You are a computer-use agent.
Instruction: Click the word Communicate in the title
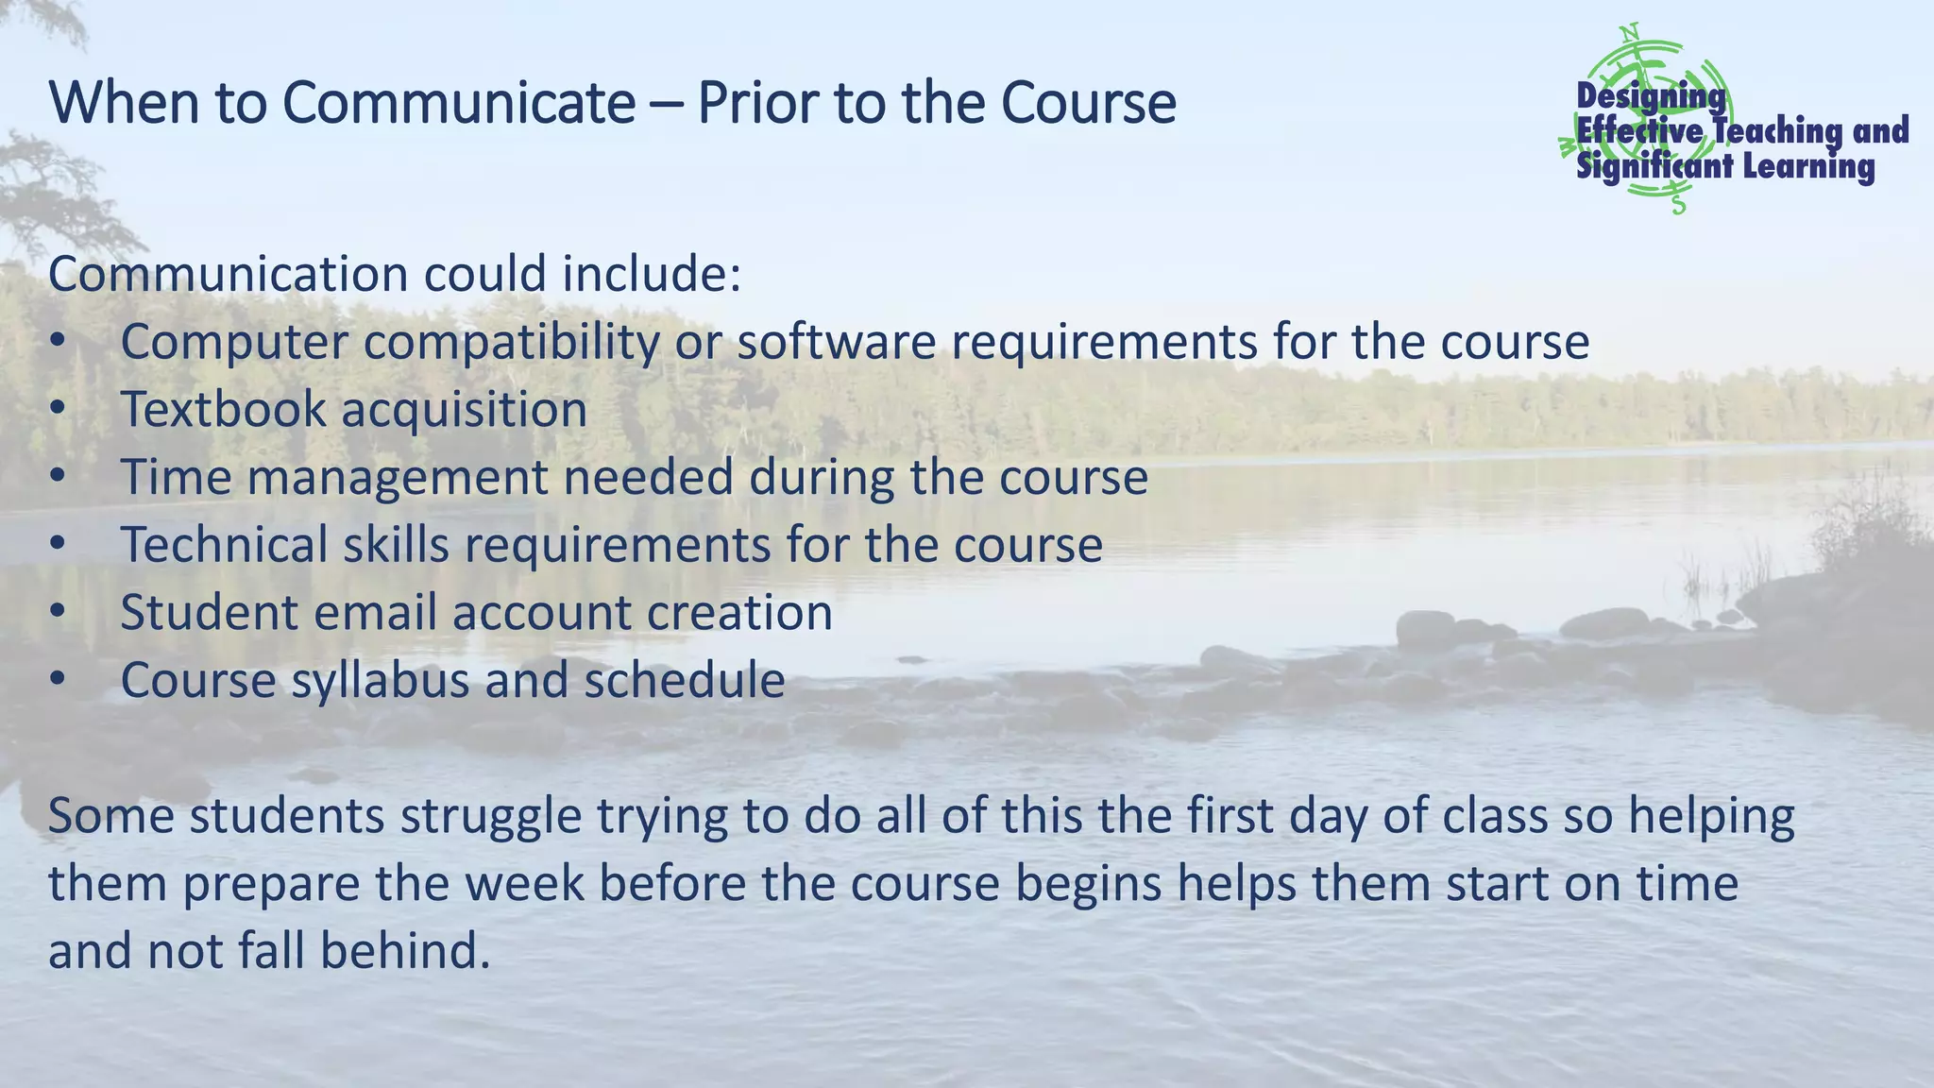click(x=459, y=103)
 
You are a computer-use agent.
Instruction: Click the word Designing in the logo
click(x=1651, y=96)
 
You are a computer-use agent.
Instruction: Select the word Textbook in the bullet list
click(x=223, y=410)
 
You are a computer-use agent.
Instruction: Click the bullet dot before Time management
click(x=58, y=477)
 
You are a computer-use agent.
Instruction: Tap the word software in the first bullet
click(x=836, y=342)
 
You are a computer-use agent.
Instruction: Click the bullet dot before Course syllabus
click(x=58, y=680)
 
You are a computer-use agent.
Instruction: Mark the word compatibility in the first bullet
click(x=511, y=342)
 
